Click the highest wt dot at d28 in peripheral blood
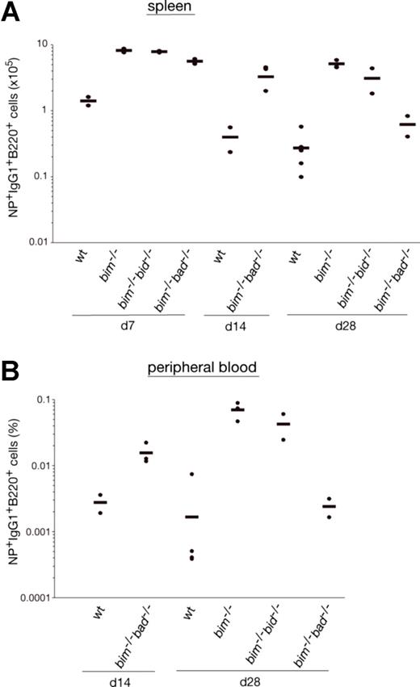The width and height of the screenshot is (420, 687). (x=191, y=474)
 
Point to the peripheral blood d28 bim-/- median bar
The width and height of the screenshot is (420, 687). (x=237, y=409)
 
